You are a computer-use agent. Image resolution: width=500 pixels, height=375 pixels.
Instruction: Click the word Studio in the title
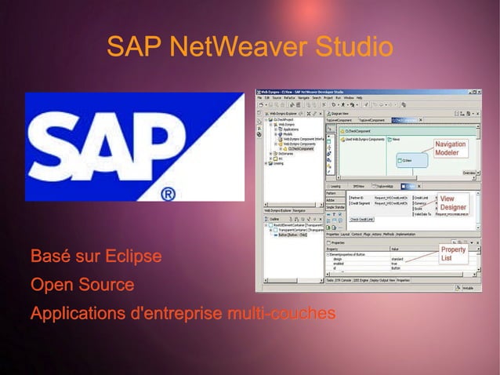(353, 46)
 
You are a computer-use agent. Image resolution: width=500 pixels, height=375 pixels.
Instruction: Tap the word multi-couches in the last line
(281, 314)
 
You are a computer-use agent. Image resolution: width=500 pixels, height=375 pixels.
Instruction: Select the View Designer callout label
(452, 203)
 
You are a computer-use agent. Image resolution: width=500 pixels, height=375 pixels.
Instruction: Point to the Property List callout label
(453, 253)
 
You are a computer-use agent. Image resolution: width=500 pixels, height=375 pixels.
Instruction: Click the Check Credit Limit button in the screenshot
(362, 220)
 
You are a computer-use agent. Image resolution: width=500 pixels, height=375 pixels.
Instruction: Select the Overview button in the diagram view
(469, 172)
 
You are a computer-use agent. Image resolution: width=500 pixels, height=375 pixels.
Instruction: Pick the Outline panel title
(274, 219)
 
